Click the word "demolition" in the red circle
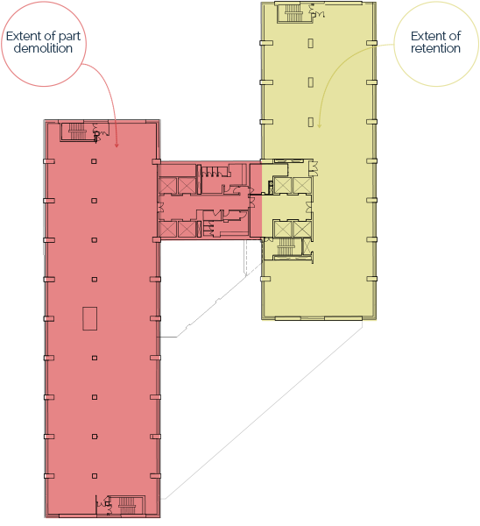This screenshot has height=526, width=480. pyautogui.click(x=43, y=48)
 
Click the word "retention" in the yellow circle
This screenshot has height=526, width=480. pyautogui.click(x=435, y=48)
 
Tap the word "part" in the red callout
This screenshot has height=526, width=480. pyautogui.click(x=70, y=37)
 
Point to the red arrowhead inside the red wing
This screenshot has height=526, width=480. pyautogui.click(x=116, y=145)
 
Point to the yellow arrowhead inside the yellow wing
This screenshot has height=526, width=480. pyautogui.click(x=320, y=125)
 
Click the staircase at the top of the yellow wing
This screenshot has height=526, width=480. pyautogui.click(x=293, y=13)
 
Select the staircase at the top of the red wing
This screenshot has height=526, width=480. pyautogui.click(x=77, y=131)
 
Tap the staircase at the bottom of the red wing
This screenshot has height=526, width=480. pyautogui.click(x=127, y=506)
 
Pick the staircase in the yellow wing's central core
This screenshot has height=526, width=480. pyautogui.click(x=286, y=246)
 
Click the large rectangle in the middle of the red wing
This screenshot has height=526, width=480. pyautogui.click(x=90, y=318)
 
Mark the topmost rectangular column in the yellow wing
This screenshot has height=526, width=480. pyautogui.click(x=311, y=43)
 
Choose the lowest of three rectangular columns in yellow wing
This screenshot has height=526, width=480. pyautogui.click(x=311, y=122)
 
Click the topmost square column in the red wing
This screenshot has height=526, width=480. pyautogui.click(x=94, y=161)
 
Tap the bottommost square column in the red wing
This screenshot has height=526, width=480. pyautogui.click(x=95, y=476)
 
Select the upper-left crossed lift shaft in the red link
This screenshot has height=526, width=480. pyautogui.click(x=167, y=186)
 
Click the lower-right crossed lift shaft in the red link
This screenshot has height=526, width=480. pyautogui.click(x=187, y=229)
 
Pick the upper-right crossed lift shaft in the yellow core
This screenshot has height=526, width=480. pyautogui.click(x=302, y=185)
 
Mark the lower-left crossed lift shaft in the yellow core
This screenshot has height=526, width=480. pyautogui.click(x=283, y=230)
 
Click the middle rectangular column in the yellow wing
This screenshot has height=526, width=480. pyautogui.click(x=311, y=82)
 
